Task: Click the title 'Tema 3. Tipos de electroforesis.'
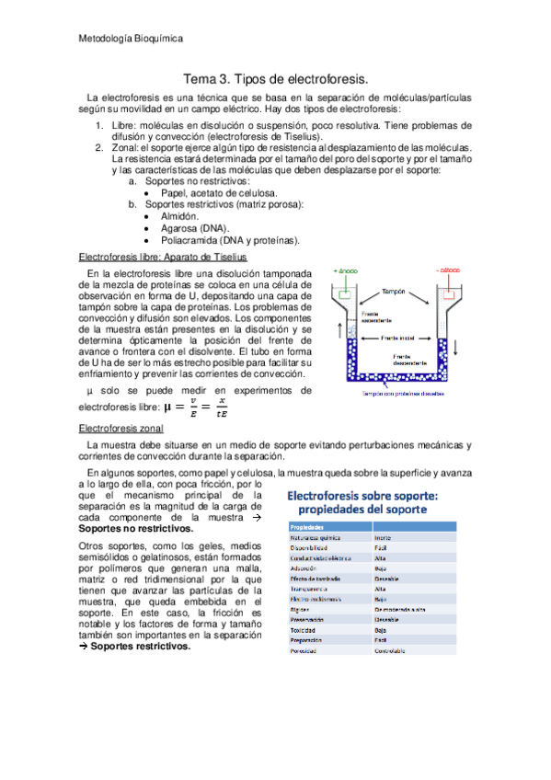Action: [x=276, y=79]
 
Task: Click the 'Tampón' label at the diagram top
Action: [x=395, y=291]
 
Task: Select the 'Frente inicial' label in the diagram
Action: [x=398, y=338]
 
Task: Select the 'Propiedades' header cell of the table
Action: [x=310, y=526]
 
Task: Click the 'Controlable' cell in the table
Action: [x=394, y=650]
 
